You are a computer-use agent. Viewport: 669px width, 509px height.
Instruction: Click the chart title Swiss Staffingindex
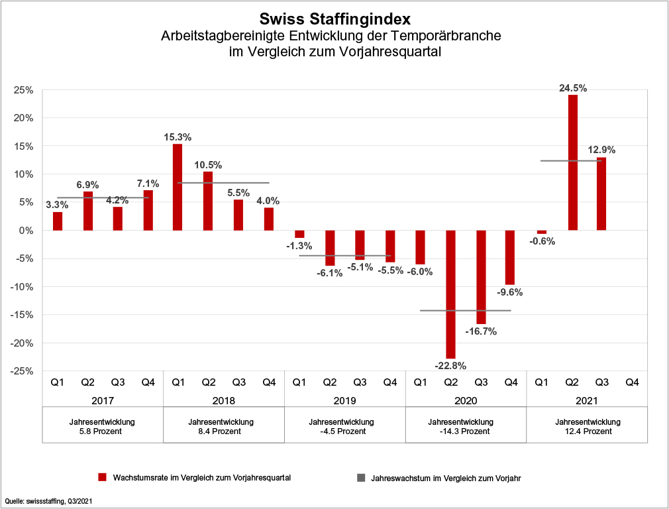334,18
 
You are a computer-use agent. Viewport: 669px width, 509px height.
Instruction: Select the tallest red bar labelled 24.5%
573,162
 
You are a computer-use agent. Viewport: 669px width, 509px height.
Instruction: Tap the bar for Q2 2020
451,294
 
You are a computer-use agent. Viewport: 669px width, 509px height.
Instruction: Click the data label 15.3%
178,137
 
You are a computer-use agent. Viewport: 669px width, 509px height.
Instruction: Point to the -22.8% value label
450,365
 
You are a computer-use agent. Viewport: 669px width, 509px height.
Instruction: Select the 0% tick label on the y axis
26,231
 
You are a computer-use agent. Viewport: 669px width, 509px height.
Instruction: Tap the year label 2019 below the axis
344,400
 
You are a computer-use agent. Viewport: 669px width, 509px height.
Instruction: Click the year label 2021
587,400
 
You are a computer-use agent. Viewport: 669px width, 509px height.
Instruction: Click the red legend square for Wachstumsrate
102,477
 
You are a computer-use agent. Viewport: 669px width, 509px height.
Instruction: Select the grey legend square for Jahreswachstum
360,477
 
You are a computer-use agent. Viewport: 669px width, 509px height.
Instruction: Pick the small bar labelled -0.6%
542,232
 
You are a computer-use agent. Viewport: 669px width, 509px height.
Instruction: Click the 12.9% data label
603,150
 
